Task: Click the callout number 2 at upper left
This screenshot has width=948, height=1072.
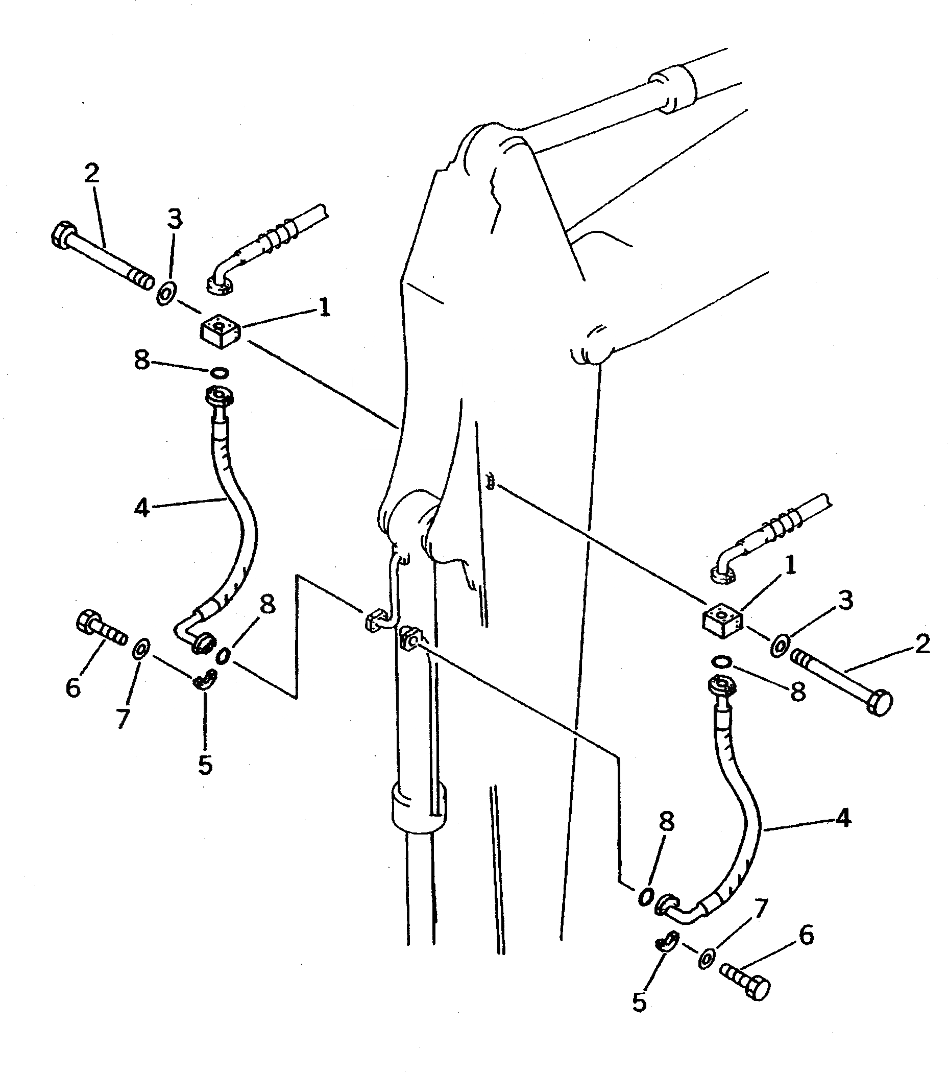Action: [92, 174]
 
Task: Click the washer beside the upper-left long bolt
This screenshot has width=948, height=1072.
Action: [166, 294]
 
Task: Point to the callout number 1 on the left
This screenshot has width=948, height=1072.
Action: [325, 307]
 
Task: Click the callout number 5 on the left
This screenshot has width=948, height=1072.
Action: [205, 765]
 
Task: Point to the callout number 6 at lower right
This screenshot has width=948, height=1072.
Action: [806, 935]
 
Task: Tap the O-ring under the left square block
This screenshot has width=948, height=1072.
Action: [218, 372]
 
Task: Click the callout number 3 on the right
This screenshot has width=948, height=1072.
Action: [845, 601]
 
